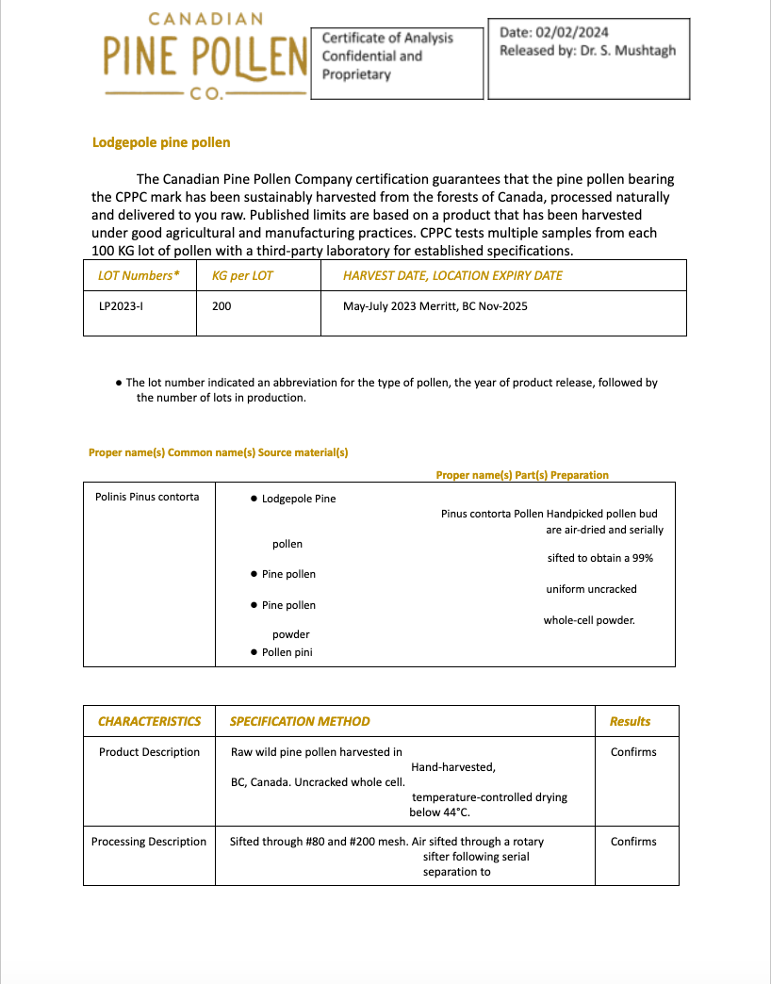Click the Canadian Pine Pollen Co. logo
pos(205,57)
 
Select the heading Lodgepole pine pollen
pos(161,142)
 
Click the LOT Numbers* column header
pos(139,276)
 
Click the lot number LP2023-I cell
pos(121,306)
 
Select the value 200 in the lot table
pos(221,306)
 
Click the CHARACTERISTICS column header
pos(149,721)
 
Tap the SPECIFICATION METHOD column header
pos(300,721)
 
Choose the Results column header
pos(630,721)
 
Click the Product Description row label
pos(149,752)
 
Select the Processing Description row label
pos(148,842)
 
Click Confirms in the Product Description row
pos(633,752)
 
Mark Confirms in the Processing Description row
pos(633,842)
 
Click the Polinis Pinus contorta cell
pos(147,497)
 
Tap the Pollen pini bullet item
pos(287,652)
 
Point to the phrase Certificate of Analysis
pos(387,38)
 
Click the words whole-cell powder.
pos(589,620)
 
